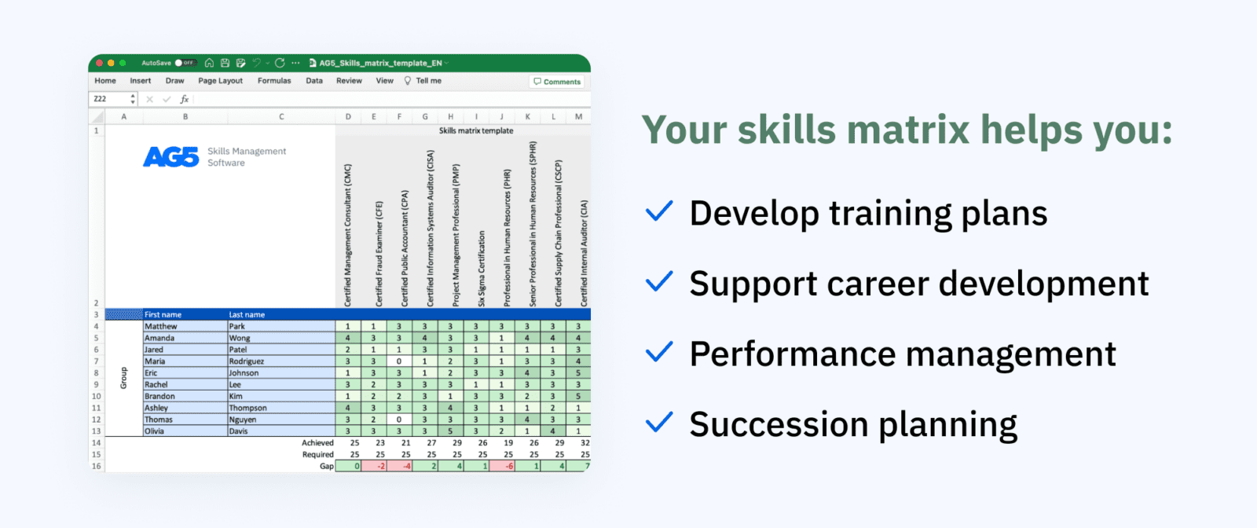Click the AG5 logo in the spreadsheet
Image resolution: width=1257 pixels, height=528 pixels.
point(171,157)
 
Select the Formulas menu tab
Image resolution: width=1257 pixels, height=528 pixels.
point(274,81)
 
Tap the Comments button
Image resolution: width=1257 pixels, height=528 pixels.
point(557,82)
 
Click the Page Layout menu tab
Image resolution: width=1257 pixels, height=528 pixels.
point(220,81)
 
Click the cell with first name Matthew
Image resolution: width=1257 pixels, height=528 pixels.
point(161,326)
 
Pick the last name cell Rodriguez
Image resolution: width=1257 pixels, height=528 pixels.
point(247,361)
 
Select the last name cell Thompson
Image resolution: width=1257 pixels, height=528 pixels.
point(248,408)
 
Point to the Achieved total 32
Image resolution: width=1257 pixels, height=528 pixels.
point(585,443)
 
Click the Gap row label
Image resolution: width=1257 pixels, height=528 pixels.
point(327,466)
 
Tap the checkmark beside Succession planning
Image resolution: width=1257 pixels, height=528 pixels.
point(659,423)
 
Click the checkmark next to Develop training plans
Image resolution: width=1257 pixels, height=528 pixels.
point(659,211)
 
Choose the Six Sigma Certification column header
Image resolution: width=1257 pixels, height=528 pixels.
point(482,267)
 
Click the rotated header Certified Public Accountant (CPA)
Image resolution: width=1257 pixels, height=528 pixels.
point(405,247)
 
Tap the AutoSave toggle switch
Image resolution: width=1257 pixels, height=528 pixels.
point(185,63)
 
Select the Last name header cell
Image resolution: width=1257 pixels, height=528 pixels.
point(247,314)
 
